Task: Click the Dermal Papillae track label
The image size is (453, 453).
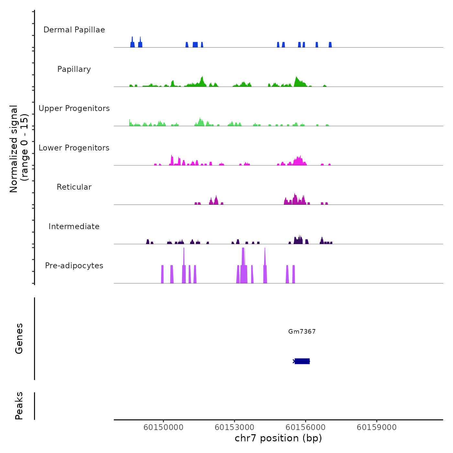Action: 74,30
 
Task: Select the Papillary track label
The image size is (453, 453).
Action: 74,69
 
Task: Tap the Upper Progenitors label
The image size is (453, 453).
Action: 74,108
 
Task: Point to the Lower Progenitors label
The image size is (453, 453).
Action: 74,148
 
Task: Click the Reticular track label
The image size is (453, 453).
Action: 74,187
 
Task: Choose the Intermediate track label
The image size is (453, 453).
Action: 74,226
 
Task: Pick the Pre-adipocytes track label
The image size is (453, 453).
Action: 74,266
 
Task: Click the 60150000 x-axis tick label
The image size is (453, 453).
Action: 163,427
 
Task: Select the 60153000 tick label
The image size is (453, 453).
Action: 235,427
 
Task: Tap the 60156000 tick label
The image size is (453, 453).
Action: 305,427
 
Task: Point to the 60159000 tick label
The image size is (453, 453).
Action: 377,427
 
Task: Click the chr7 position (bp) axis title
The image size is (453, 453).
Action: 278,438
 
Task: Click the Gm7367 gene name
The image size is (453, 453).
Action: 302,331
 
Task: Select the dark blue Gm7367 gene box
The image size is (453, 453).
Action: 302,361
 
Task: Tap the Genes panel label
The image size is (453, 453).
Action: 19,338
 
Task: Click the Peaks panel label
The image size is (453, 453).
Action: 19,406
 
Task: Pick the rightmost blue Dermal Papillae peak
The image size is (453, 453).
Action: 330,45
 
